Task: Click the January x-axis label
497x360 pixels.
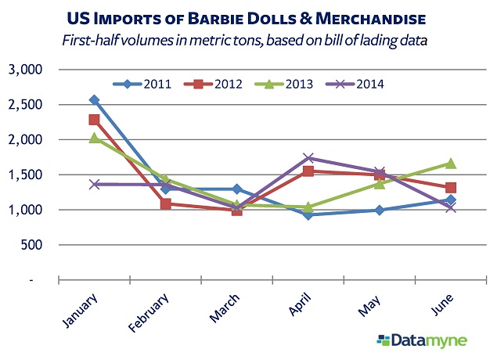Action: pyautogui.click(x=79, y=310)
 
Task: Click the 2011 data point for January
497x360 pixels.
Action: pyautogui.click(x=94, y=100)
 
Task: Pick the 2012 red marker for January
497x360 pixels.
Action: pyautogui.click(x=94, y=120)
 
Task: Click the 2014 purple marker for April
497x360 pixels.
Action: pyautogui.click(x=308, y=158)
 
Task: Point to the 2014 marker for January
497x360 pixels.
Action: pyautogui.click(x=94, y=185)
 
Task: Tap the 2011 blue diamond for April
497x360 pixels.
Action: pyautogui.click(x=308, y=214)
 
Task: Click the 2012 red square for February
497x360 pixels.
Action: pyautogui.click(x=165, y=204)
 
